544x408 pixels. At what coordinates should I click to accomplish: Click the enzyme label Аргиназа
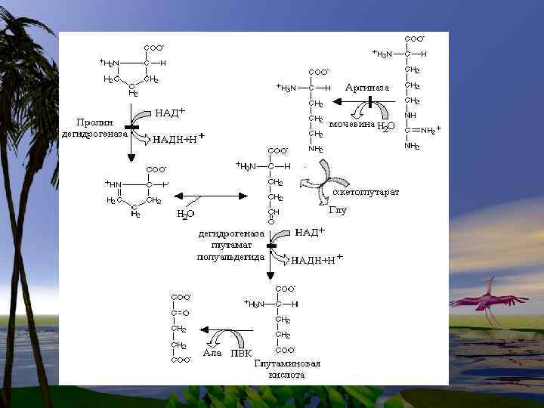click(367, 88)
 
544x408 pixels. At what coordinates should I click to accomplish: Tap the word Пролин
click(94, 122)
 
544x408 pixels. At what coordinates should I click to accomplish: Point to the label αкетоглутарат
click(366, 193)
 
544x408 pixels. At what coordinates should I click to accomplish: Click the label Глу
click(337, 210)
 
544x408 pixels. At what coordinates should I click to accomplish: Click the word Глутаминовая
click(287, 363)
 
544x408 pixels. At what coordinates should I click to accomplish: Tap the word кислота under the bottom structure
click(287, 375)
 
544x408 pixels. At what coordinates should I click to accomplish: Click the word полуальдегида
click(230, 257)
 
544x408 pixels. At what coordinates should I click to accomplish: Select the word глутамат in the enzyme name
click(230, 246)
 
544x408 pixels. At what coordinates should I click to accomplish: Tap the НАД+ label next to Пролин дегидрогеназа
click(171, 113)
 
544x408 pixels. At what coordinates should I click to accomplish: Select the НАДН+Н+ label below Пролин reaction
click(179, 139)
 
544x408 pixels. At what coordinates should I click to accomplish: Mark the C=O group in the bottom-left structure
click(179, 312)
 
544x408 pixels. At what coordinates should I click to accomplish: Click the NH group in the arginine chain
click(412, 116)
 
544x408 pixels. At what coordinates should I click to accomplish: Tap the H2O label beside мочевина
click(386, 126)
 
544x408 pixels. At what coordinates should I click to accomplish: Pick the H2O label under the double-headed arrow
click(185, 214)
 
